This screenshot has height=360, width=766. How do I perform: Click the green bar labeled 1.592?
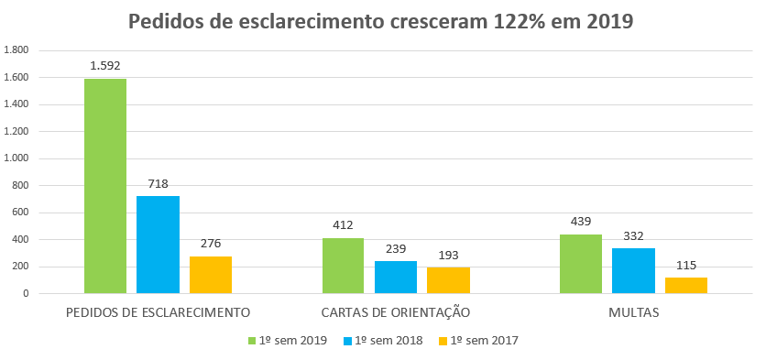coord(105,186)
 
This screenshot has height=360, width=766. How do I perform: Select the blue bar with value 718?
coord(158,245)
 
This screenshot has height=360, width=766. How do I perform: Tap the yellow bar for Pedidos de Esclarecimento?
coord(211,275)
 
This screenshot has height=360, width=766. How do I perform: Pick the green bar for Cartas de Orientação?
coord(343,266)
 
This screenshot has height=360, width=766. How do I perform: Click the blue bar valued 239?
coord(396,278)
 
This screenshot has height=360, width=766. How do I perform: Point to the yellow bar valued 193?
coord(449,280)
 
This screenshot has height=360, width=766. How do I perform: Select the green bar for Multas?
coord(580,264)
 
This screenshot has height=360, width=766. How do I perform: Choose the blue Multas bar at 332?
coord(633,271)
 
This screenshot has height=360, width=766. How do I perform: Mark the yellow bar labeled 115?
coord(686,286)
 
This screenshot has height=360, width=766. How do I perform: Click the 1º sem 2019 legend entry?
coord(290,340)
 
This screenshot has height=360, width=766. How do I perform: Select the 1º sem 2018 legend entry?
coord(385,340)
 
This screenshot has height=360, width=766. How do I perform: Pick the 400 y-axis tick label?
coord(19,240)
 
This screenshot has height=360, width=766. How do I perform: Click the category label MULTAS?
coord(633,312)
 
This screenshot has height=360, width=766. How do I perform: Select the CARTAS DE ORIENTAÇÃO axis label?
coord(396,312)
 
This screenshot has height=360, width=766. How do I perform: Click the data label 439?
coord(580,221)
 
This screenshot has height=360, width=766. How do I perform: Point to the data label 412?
coord(343,224)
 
